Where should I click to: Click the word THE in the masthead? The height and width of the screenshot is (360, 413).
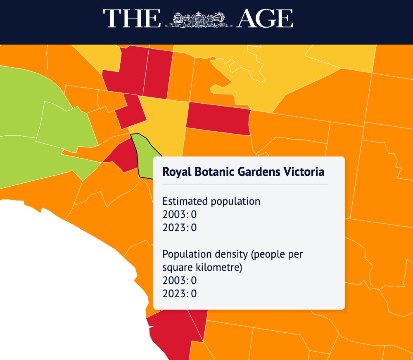pyautogui.click(x=132, y=19)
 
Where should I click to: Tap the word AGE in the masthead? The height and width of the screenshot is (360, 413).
pyautogui.click(x=266, y=19)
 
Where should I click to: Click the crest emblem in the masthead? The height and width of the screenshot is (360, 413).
pyautogui.click(x=199, y=19)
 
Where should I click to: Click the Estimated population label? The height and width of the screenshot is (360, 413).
pyautogui.click(x=211, y=201)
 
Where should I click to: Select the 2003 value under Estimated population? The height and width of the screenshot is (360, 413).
pyautogui.click(x=193, y=215)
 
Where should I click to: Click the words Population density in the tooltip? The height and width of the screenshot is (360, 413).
pyautogui.click(x=200, y=254)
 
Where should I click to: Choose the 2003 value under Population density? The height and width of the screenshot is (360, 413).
pyautogui.click(x=193, y=281)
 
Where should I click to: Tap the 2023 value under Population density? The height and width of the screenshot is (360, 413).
pyautogui.click(x=193, y=294)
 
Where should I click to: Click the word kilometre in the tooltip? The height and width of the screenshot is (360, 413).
pyautogui.click(x=219, y=268)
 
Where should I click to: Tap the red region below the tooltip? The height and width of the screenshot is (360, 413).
pyautogui.click(x=173, y=330)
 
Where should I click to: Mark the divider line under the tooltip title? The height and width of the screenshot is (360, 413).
pyautogui.click(x=244, y=184)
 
